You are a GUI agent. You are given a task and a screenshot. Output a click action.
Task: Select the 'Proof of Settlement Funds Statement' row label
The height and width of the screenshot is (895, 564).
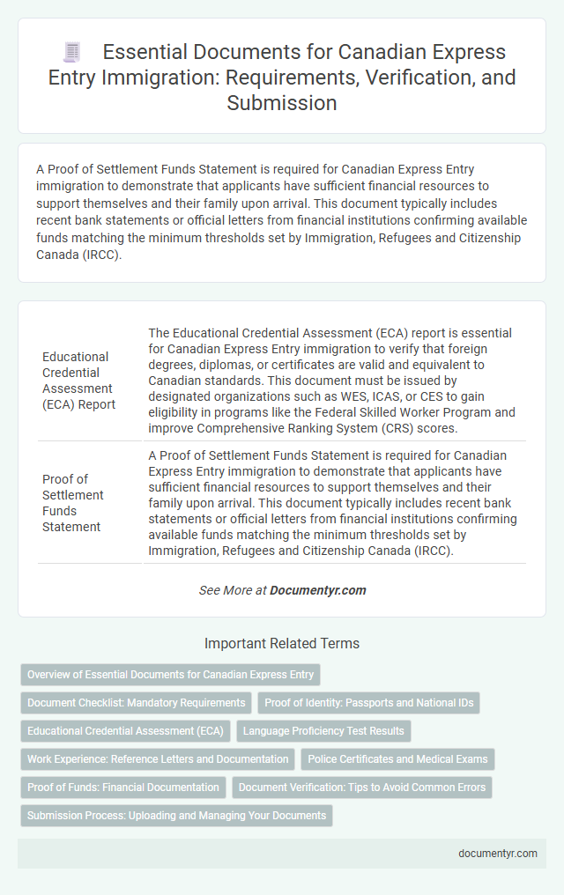pos(73,503)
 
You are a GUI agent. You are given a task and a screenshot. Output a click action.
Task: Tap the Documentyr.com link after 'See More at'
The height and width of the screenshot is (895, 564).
pos(319,590)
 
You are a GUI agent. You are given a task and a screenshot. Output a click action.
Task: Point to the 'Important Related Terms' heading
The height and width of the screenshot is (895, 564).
pos(281,643)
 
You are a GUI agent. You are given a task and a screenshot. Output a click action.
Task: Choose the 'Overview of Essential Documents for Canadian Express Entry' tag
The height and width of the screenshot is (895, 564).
pos(170,675)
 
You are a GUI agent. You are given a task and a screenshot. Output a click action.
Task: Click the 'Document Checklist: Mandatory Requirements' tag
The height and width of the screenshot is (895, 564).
pos(136,703)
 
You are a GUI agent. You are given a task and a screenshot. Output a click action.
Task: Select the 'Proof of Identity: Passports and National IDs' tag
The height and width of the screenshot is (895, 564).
pos(368,703)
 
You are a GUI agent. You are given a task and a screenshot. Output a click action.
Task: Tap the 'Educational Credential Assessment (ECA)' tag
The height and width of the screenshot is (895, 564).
pos(125,731)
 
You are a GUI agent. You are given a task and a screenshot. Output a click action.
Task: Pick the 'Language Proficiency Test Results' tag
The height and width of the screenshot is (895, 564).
pos(323,731)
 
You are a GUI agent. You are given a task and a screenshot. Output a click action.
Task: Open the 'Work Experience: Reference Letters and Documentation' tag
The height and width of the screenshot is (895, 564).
pos(158,759)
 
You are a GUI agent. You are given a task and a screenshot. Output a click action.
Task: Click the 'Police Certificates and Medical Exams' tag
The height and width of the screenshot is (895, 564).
pos(397,759)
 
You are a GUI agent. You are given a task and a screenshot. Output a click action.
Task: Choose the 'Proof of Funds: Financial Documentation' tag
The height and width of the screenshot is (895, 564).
pos(122,788)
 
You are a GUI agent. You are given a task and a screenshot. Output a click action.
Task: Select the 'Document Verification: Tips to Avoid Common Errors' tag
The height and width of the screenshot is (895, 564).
pos(358,788)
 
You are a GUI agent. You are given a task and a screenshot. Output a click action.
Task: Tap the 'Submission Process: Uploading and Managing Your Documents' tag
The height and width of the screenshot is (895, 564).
pos(176,816)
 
